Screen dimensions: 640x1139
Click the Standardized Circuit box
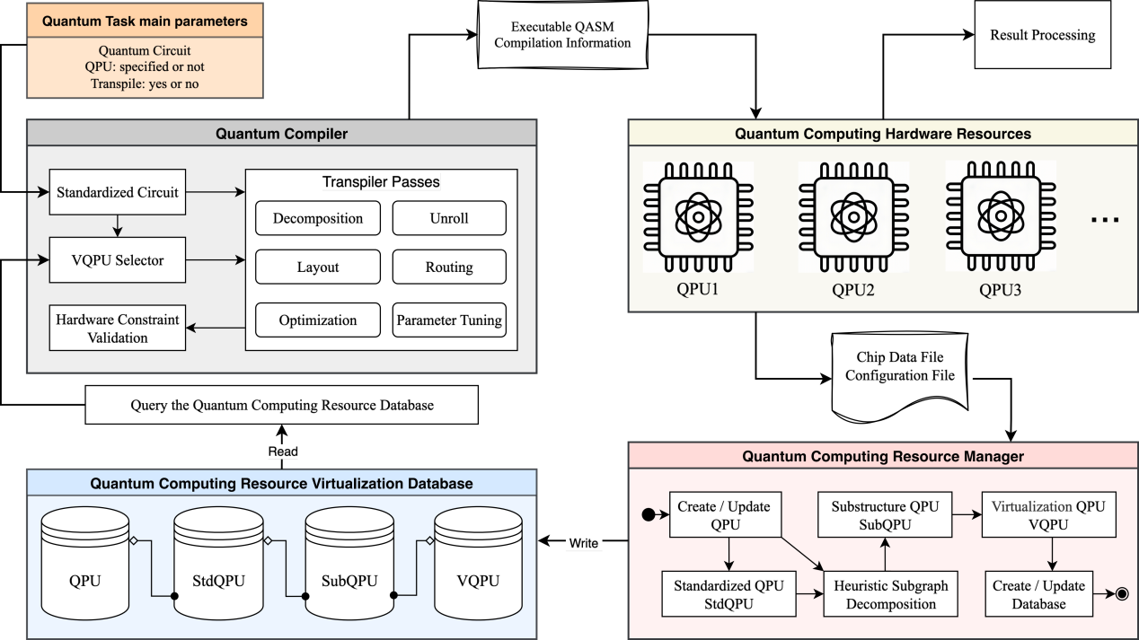(117, 192)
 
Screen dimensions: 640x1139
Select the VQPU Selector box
(117, 260)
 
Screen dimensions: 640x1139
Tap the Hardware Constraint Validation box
(117, 329)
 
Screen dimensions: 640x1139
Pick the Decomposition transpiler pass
(317, 218)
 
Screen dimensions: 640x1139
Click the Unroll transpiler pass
(448, 218)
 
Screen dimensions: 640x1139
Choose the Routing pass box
(448, 267)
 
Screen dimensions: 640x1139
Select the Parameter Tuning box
(448, 320)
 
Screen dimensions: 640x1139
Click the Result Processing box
(1042, 36)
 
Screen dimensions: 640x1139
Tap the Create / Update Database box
(1037, 594)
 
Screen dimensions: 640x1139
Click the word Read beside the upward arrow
(282, 452)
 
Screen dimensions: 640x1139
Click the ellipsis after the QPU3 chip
(1104, 219)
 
